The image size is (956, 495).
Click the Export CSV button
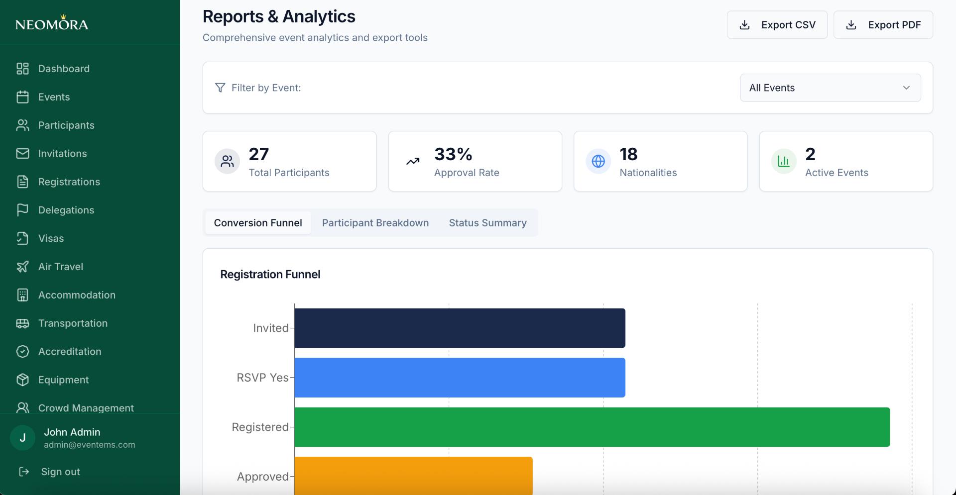coord(777,25)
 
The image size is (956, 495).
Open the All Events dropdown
coord(830,88)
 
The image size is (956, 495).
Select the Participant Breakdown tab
coord(375,223)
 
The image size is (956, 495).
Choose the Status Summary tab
coord(487,223)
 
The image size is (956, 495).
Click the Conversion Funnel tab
coord(258,223)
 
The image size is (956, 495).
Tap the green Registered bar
coord(592,427)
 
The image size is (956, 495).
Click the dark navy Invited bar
coord(460,328)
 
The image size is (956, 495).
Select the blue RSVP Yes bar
coord(460,377)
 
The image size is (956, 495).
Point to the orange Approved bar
coord(413,475)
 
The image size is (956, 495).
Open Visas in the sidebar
coord(51,238)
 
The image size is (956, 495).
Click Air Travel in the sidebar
coord(60,267)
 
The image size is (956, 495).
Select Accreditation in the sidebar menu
coord(69,352)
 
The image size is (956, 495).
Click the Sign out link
coord(60,472)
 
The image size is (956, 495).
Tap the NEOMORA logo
coord(52,23)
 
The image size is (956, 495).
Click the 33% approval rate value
coord(453,154)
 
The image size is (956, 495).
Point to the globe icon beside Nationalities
coord(598,161)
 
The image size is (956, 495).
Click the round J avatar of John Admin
coord(22,438)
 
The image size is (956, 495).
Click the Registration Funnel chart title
coord(270,275)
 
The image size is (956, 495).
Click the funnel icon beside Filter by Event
coord(220,88)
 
